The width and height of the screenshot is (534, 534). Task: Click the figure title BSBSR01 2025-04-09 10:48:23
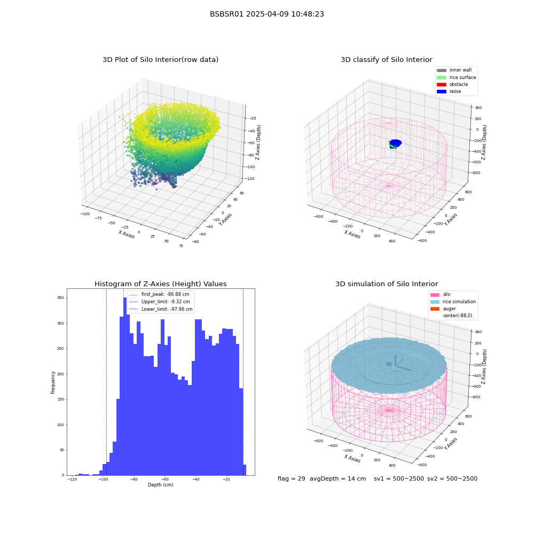(x=266, y=14)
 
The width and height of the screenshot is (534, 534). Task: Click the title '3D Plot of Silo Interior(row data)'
(x=160, y=60)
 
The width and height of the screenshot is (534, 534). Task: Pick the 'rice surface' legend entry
(x=457, y=77)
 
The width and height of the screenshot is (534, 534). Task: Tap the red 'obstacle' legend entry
(x=452, y=84)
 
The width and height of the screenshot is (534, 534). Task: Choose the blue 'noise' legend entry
(x=449, y=91)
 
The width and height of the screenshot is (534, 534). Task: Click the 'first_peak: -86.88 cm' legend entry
(x=159, y=294)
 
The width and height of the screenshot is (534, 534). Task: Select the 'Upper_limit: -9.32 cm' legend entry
(x=160, y=302)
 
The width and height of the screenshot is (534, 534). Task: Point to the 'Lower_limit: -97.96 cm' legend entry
(x=161, y=309)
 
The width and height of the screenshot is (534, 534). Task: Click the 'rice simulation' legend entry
(x=453, y=302)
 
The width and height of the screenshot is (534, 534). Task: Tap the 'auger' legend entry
(x=443, y=309)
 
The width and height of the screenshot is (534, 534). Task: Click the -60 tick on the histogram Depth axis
(x=164, y=480)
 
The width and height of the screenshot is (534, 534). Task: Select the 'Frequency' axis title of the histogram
(x=53, y=382)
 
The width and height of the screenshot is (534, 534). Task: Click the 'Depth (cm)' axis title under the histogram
(x=161, y=485)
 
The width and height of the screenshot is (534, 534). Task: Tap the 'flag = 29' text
(x=291, y=479)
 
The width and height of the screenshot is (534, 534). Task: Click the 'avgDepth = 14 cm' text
(x=337, y=479)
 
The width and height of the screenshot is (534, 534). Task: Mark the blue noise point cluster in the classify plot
(x=395, y=143)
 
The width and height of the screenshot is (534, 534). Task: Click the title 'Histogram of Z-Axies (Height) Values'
(x=160, y=284)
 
